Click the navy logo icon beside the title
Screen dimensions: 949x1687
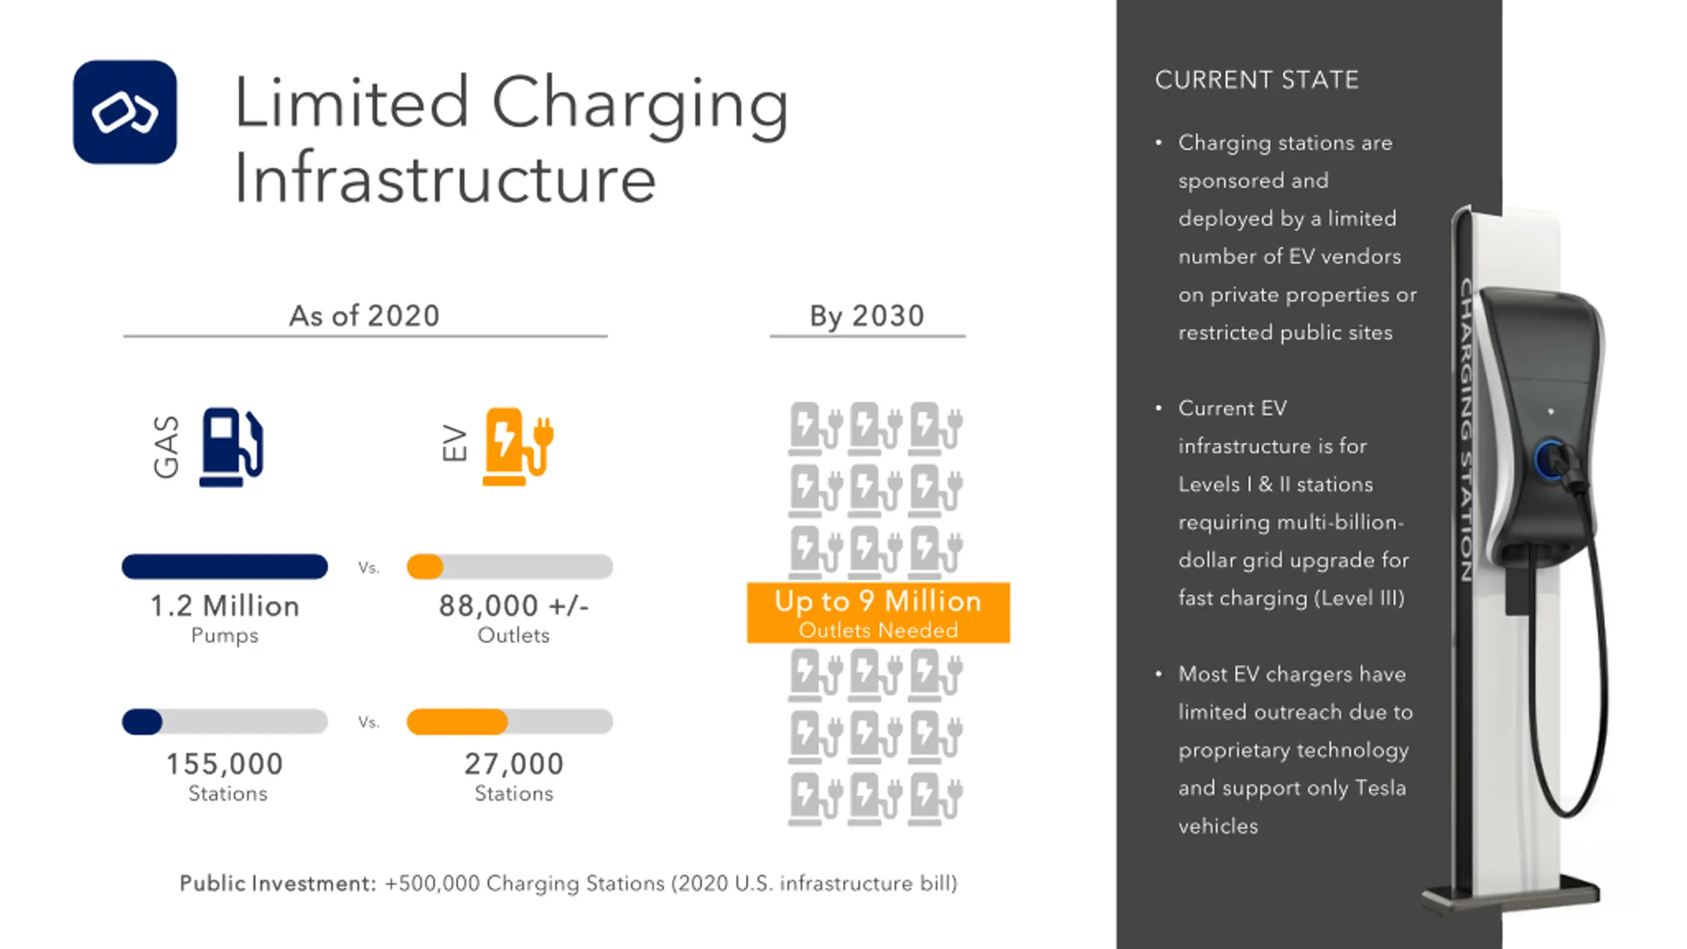pos(125,112)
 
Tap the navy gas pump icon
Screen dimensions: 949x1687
pos(231,447)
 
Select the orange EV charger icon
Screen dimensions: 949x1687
pos(517,446)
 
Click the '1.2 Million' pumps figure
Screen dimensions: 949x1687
pos(225,606)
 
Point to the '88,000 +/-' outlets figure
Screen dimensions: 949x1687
pos(513,606)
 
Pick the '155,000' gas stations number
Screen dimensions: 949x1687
pos(225,764)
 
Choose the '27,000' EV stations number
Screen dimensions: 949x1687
pos(514,764)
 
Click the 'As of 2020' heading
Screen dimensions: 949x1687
pos(364,316)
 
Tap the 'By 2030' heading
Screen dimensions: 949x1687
pos(867,316)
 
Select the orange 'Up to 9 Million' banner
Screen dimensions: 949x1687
pos(878,612)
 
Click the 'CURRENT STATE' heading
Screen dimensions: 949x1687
pos(1257,80)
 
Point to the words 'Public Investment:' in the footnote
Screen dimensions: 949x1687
pos(277,883)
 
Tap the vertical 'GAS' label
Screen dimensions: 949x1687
pos(166,446)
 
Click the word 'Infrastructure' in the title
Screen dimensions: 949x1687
pos(445,178)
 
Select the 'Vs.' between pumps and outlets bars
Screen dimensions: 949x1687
pos(368,567)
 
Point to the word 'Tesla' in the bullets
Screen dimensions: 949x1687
pos(1380,788)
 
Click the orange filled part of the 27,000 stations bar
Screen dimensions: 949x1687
pos(457,722)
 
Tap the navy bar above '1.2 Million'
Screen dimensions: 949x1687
pos(225,567)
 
